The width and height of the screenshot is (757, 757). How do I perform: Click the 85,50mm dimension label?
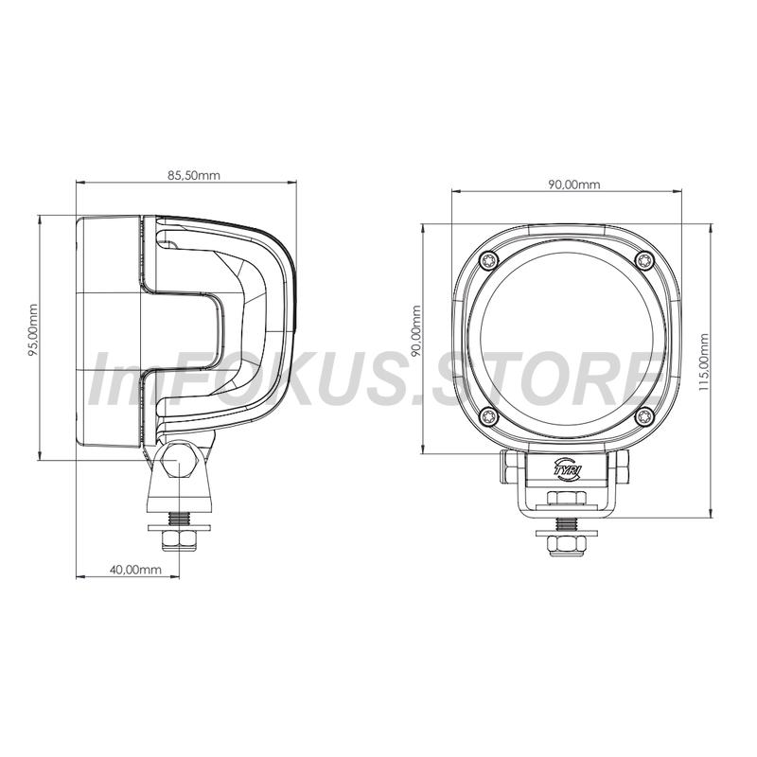point(194,175)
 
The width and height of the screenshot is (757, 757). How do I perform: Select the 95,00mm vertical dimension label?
point(33,330)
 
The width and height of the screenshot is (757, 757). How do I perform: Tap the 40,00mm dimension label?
point(135,570)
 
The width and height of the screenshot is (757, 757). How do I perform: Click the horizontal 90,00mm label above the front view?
point(574,185)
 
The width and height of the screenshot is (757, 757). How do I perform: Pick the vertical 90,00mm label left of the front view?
point(416,330)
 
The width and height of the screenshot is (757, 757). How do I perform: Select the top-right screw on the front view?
point(645,261)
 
